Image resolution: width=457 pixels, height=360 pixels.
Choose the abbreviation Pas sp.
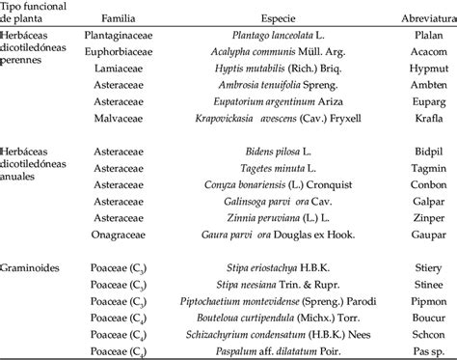422,345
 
